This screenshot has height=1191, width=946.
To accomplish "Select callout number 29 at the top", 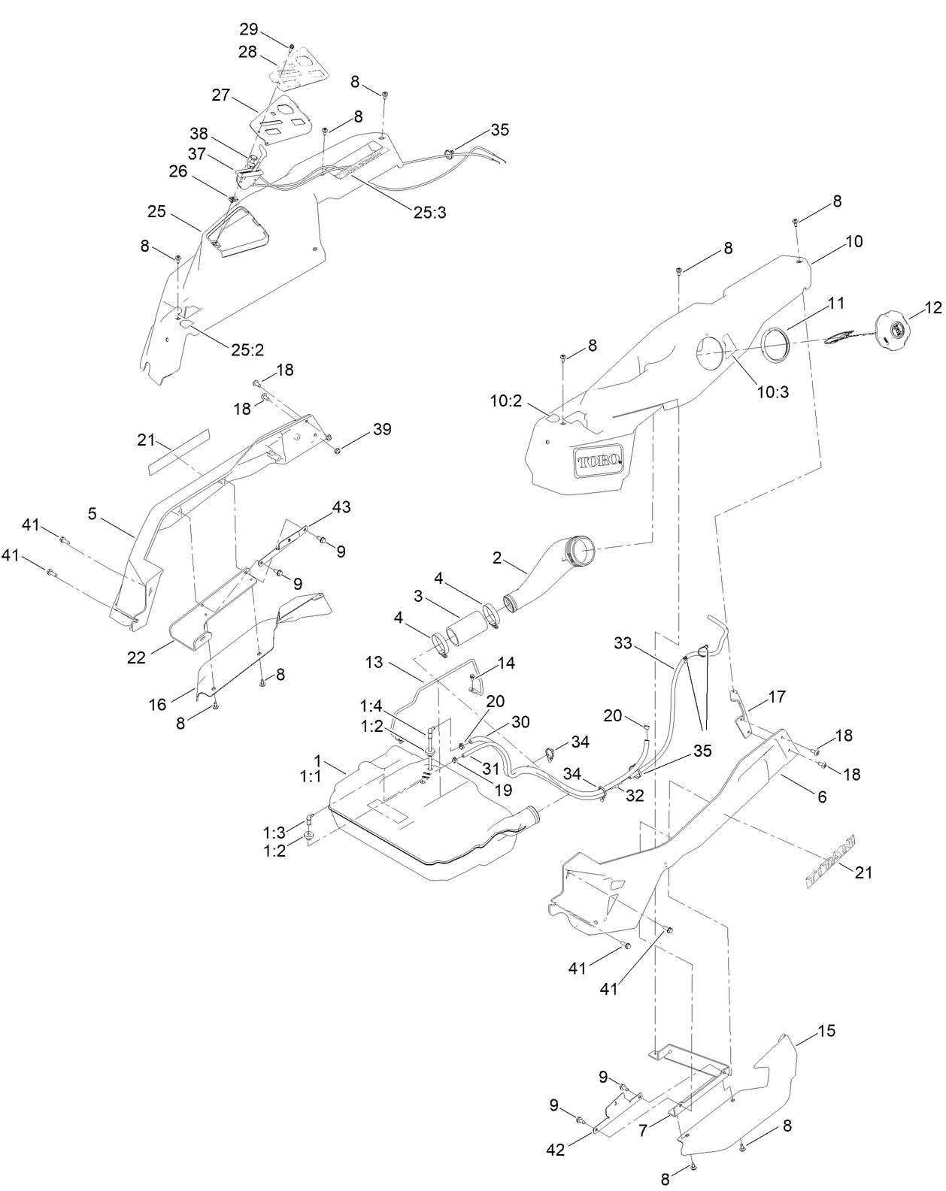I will point(249,29).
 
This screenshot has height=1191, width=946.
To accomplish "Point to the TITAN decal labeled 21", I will point(833,859).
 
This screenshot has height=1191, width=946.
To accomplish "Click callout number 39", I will point(382,430).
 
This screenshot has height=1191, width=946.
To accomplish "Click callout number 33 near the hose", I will point(623,643).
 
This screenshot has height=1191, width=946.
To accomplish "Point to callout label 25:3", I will point(430,212).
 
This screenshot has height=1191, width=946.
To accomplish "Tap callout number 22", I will point(135,657).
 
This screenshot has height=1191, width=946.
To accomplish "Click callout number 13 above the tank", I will point(374,663).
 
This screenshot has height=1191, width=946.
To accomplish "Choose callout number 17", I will point(777,697).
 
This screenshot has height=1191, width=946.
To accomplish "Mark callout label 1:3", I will point(274,832).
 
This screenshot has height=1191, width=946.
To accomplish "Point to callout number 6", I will point(822,797).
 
